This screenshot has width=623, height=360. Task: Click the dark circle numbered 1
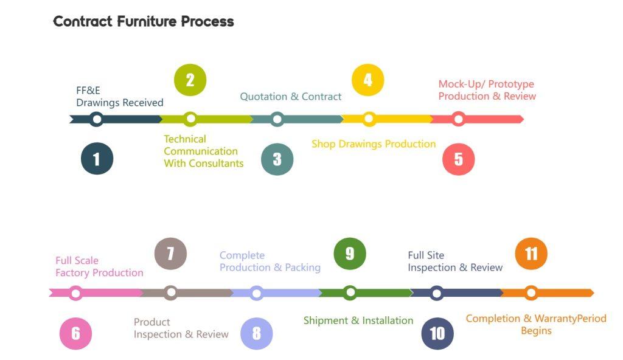(x=97, y=159)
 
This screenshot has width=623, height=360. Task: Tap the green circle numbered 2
(x=190, y=80)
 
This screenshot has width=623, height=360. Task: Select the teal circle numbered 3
(x=277, y=159)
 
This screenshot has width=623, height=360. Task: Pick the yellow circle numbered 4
(x=367, y=80)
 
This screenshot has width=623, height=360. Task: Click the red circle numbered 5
(x=458, y=159)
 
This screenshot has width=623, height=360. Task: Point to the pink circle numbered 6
(x=75, y=333)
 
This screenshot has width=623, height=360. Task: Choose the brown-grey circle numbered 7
(x=170, y=254)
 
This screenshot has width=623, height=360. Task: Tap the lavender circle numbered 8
(x=256, y=333)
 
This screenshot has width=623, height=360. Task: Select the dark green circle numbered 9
(x=350, y=254)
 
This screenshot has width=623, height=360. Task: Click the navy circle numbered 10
(x=437, y=333)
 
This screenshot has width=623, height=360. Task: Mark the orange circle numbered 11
(x=531, y=254)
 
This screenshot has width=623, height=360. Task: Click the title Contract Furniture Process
(x=144, y=21)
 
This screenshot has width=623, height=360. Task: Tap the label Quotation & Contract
(x=291, y=97)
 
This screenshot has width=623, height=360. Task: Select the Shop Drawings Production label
(x=374, y=144)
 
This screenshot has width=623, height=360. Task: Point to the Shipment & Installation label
(x=358, y=320)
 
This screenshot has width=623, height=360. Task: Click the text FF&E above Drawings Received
(x=88, y=91)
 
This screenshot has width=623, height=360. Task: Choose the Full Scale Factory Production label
(x=99, y=266)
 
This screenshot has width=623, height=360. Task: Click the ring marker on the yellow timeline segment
(x=369, y=119)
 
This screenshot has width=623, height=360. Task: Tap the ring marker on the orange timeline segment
(x=531, y=293)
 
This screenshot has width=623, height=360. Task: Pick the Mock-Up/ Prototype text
(x=486, y=84)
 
